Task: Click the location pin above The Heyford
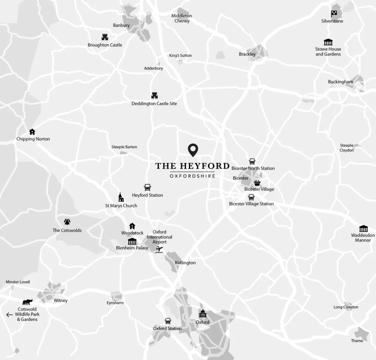pyautogui.click(x=193, y=150)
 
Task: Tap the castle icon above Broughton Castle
pyautogui.click(x=105, y=37)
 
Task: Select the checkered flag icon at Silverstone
pyautogui.click(x=334, y=14)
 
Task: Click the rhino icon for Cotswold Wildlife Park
pyautogui.click(x=28, y=302)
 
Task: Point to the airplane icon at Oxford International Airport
pyautogui.click(x=159, y=250)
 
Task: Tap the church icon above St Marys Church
pyautogui.click(x=121, y=197)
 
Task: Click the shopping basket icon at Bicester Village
pyautogui.click(x=257, y=183)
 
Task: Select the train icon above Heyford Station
pyautogui.click(x=147, y=187)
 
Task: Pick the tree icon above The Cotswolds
pyautogui.click(x=67, y=222)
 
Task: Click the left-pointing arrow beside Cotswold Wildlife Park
pyautogui.click(x=10, y=314)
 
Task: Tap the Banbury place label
pyautogui.click(x=121, y=25)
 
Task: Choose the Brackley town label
pyautogui.click(x=247, y=54)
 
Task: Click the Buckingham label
pyautogui.click(x=340, y=82)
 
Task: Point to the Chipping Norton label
pyautogui.click(x=33, y=139)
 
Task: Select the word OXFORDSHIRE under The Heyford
pyautogui.click(x=192, y=176)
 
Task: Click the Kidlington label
pyautogui.click(x=185, y=263)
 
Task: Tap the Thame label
pyautogui.click(x=357, y=341)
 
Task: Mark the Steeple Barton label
pyautogui.click(x=124, y=147)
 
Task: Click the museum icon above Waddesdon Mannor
pyautogui.click(x=364, y=228)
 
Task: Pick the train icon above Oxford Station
pyautogui.click(x=168, y=321)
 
